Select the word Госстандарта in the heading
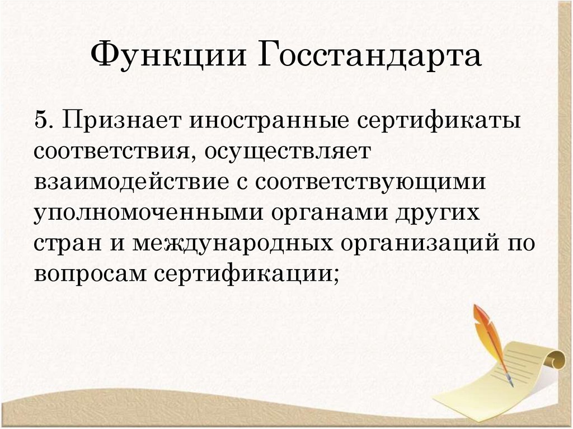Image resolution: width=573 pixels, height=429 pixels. point(370,57)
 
